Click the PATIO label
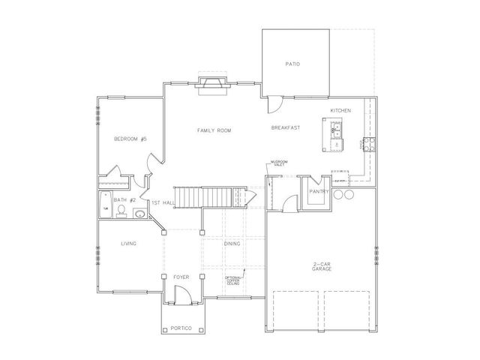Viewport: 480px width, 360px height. [x=292, y=64]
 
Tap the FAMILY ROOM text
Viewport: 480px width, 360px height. [x=214, y=130]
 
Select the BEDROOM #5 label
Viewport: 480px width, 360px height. [x=130, y=139]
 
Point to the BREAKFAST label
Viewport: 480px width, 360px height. [x=285, y=128]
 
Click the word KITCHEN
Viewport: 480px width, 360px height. [x=340, y=111]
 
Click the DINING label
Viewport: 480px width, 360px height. [x=232, y=243]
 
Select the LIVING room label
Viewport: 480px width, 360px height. [x=129, y=243]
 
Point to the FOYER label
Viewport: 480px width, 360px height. [x=181, y=277]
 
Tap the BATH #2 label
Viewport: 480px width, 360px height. [x=124, y=200]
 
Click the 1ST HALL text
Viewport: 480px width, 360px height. [x=163, y=203]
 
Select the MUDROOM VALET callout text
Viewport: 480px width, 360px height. [x=280, y=163]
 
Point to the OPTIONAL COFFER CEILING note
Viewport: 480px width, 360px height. [x=233, y=280]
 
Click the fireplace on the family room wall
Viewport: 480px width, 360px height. [x=214, y=83]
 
